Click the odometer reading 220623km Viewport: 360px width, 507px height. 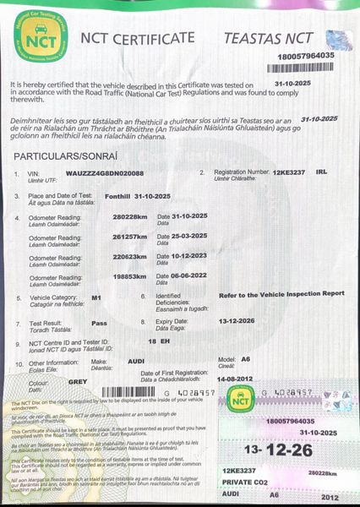pos(130,257)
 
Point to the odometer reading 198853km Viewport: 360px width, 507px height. pos(130,276)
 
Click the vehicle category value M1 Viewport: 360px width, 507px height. pos(96,298)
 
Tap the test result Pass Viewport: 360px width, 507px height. pos(99,323)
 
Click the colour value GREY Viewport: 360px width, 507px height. pos(78,381)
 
